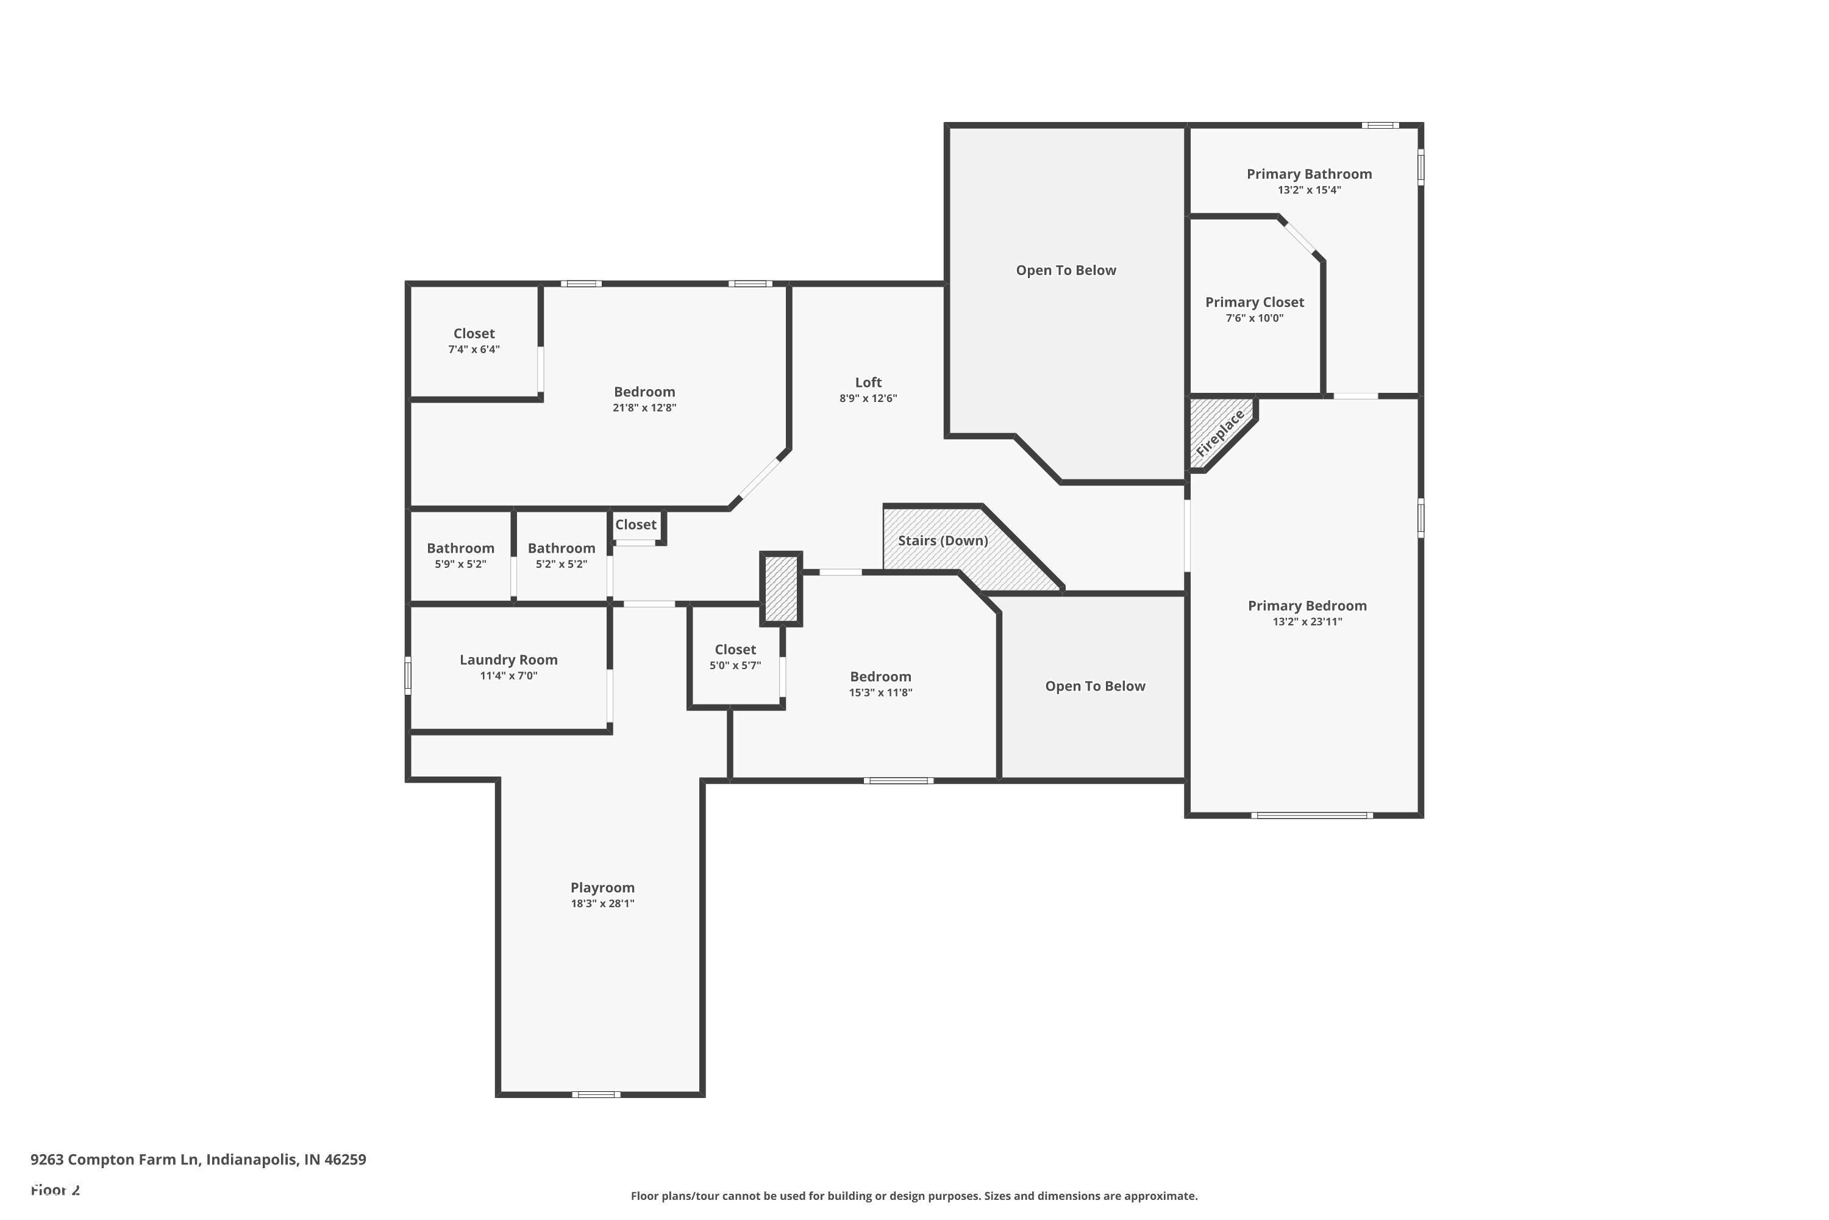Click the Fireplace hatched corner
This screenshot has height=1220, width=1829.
tap(1218, 433)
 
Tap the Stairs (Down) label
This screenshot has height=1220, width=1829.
tap(943, 540)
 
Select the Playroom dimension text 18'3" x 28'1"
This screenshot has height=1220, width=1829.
tap(603, 903)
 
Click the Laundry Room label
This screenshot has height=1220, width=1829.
tap(508, 660)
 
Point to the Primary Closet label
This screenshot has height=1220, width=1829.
tap(1254, 302)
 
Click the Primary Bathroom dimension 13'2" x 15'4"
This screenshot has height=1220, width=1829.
tap(1309, 190)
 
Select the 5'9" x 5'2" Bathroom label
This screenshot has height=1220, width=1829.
tap(460, 548)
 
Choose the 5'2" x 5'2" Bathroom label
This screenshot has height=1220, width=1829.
tap(561, 548)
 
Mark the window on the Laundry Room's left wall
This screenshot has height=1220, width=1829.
tap(407, 675)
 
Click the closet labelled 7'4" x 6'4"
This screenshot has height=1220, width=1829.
tap(474, 341)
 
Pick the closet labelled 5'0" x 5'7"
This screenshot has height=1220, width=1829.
tap(735, 657)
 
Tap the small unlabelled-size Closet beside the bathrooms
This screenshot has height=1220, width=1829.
tap(635, 525)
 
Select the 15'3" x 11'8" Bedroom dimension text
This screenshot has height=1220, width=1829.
tap(880, 692)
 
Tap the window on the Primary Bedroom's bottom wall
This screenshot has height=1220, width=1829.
tap(1311, 816)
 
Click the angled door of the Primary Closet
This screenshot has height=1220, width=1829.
tap(1299, 238)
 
